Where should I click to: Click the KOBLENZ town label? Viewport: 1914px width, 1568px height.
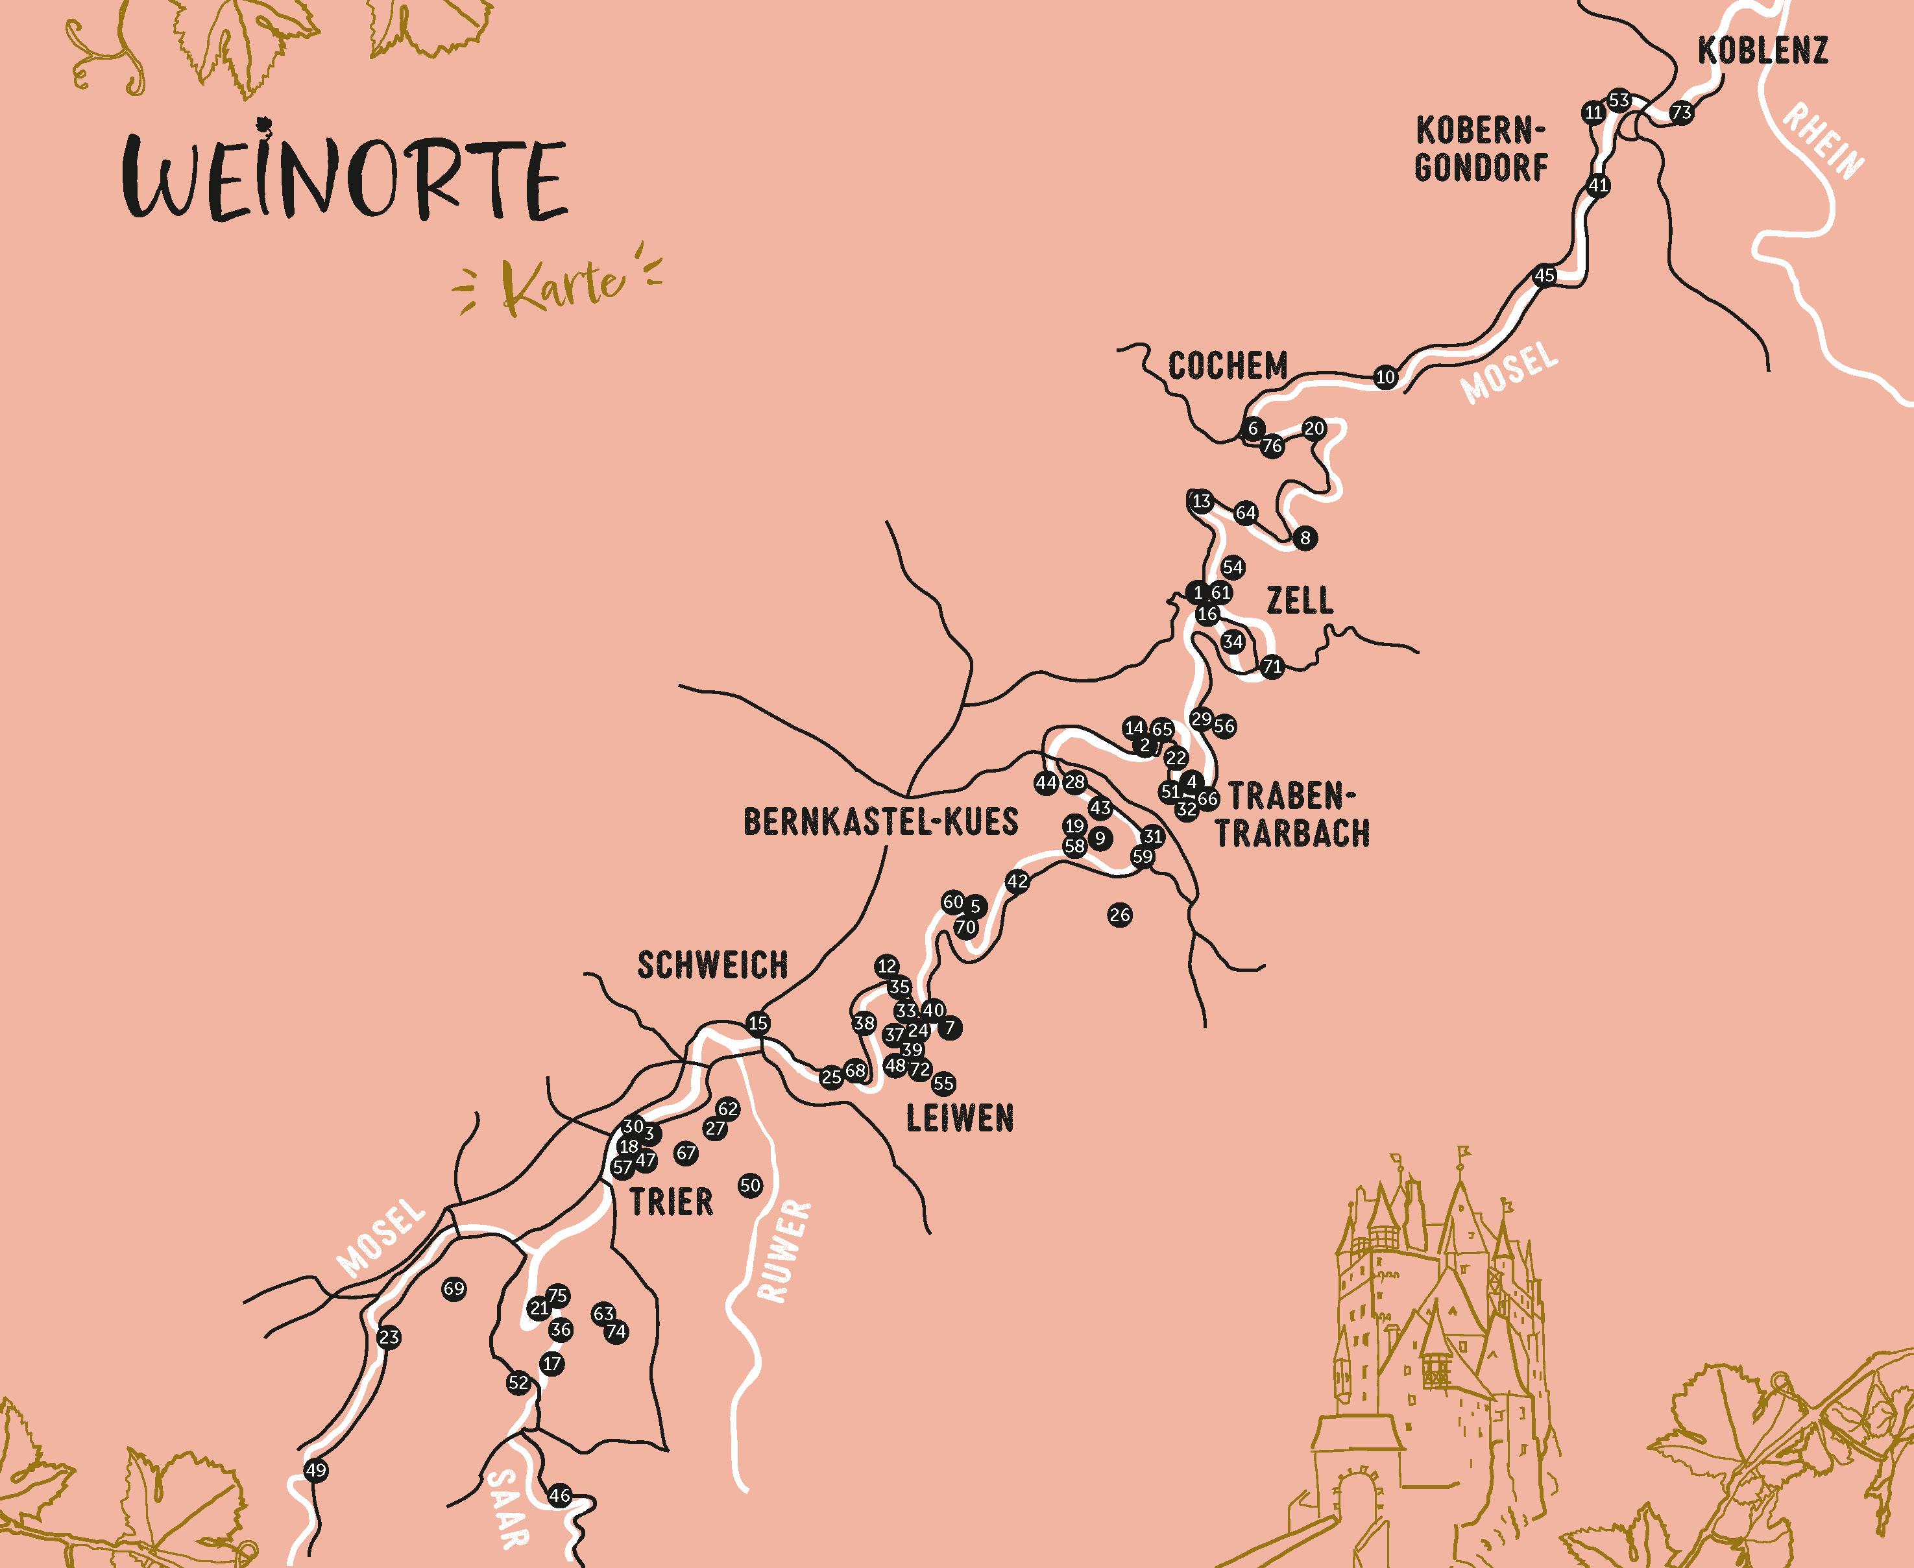click(1762, 51)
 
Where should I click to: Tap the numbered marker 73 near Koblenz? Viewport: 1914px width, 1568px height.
click(1681, 113)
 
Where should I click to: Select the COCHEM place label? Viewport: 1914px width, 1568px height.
click(1228, 367)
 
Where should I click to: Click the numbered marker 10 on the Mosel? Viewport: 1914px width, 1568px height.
click(1386, 378)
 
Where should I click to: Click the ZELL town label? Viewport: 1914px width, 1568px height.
click(1300, 601)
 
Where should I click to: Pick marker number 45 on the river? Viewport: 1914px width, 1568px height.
click(1545, 276)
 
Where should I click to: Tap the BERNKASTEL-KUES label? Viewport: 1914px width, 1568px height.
click(880, 822)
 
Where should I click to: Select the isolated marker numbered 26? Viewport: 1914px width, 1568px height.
click(1119, 915)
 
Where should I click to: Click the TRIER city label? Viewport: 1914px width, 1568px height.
click(671, 1202)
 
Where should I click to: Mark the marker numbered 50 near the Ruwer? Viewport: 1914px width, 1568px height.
click(749, 1185)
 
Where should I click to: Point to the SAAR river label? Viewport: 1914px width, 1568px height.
click(509, 1506)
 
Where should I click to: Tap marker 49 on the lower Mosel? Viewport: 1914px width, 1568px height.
click(315, 1471)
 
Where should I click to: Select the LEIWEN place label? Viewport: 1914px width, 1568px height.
click(959, 1119)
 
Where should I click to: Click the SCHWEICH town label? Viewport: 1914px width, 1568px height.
click(712, 965)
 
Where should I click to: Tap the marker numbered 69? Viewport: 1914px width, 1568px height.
click(454, 1289)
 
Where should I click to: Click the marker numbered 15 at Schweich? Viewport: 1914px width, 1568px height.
click(758, 1023)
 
